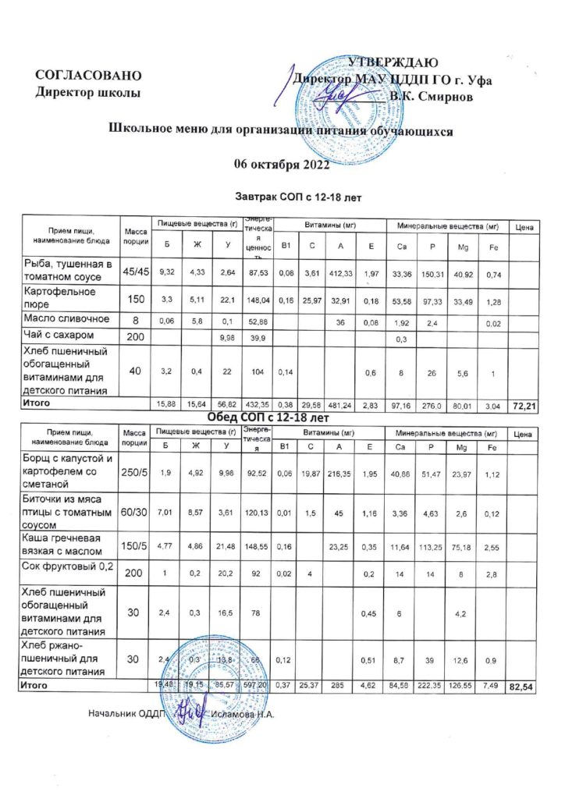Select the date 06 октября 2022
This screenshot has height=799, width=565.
tap(282, 163)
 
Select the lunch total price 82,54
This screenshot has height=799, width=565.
tap(522, 687)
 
